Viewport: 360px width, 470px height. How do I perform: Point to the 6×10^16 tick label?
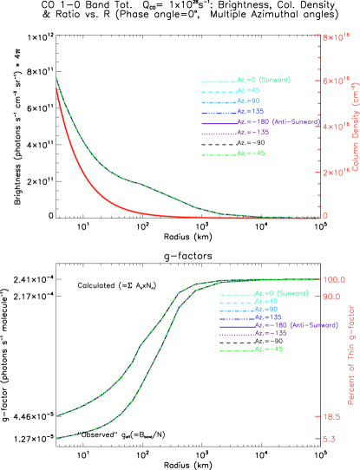click(336, 82)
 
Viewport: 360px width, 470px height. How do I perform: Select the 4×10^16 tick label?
click(336, 127)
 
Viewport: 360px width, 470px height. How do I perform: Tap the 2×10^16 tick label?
click(336, 172)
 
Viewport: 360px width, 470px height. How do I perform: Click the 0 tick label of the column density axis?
click(325, 216)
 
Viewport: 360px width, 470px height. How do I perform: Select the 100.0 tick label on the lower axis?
click(336, 279)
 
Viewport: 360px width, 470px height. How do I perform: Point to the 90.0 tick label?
click(334, 297)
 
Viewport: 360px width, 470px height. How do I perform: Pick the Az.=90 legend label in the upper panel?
click(249, 101)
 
